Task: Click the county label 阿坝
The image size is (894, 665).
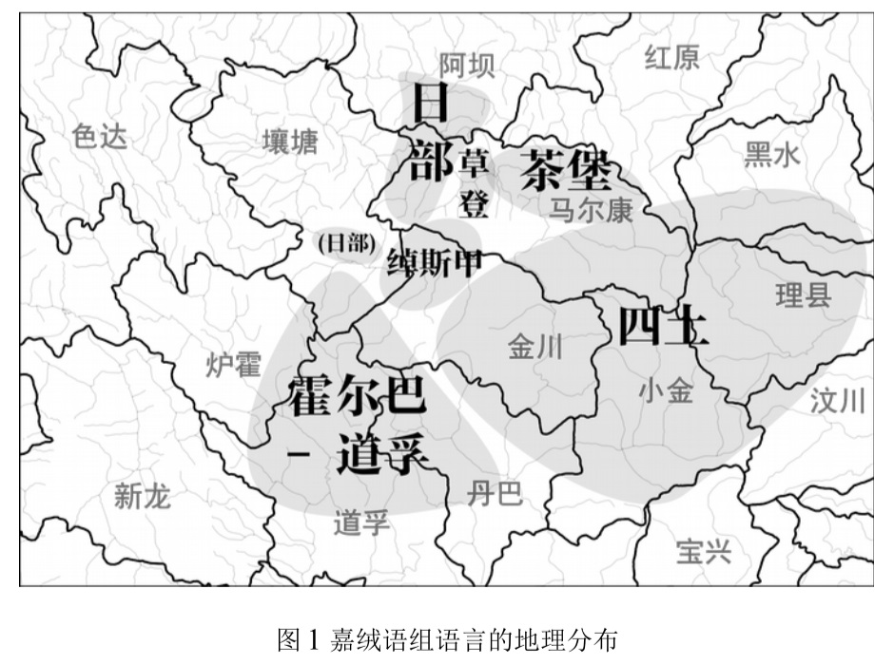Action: click(466, 65)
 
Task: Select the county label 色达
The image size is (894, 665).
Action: click(98, 138)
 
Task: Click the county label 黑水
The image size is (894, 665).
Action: click(772, 154)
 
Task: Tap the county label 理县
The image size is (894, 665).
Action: click(803, 296)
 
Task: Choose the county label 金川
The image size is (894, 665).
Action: click(535, 347)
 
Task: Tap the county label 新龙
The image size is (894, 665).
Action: click(142, 495)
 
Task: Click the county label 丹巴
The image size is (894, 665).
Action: click(495, 493)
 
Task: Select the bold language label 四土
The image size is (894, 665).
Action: click(662, 328)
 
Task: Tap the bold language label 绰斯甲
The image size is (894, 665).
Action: click(434, 261)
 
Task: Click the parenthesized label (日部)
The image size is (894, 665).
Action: click(345, 243)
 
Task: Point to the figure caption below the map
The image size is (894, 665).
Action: click(447, 637)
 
